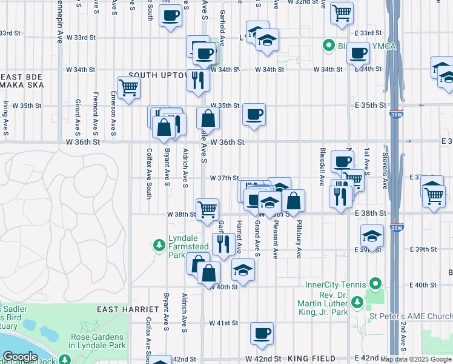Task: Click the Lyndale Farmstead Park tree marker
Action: coord(159,244)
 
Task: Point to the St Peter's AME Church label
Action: coord(411,316)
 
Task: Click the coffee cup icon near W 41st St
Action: coord(262,332)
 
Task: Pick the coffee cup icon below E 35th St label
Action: coord(254,113)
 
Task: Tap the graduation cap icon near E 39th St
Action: coord(372,235)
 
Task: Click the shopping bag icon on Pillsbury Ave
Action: coord(293,200)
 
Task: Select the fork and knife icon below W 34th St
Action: coord(198,79)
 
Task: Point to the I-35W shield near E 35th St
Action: coord(397,113)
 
